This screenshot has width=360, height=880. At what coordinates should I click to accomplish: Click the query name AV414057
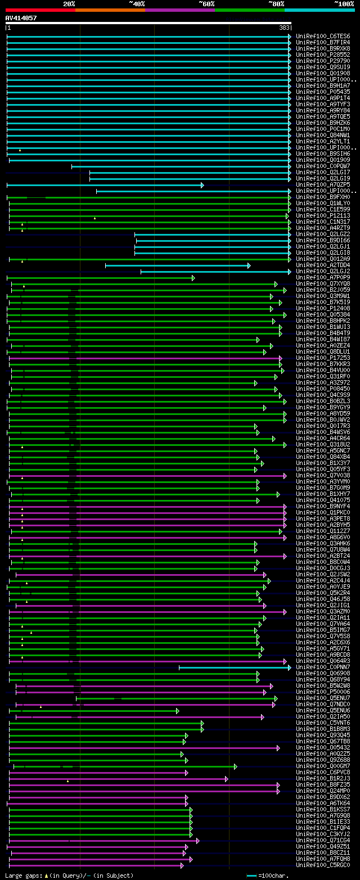point(21,18)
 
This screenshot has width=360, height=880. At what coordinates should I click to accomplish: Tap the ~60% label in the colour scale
point(206,3)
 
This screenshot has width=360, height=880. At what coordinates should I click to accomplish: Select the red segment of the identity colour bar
point(40,10)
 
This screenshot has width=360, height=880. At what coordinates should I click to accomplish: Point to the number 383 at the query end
point(284,28)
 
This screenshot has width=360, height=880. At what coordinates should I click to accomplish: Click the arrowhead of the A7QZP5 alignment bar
point(202,185)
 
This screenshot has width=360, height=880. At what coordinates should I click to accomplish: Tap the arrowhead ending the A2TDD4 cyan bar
point(249,265)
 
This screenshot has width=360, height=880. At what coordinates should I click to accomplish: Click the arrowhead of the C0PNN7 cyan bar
point(289,667)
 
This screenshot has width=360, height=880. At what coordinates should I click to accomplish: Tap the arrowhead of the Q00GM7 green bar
point(235,766)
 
